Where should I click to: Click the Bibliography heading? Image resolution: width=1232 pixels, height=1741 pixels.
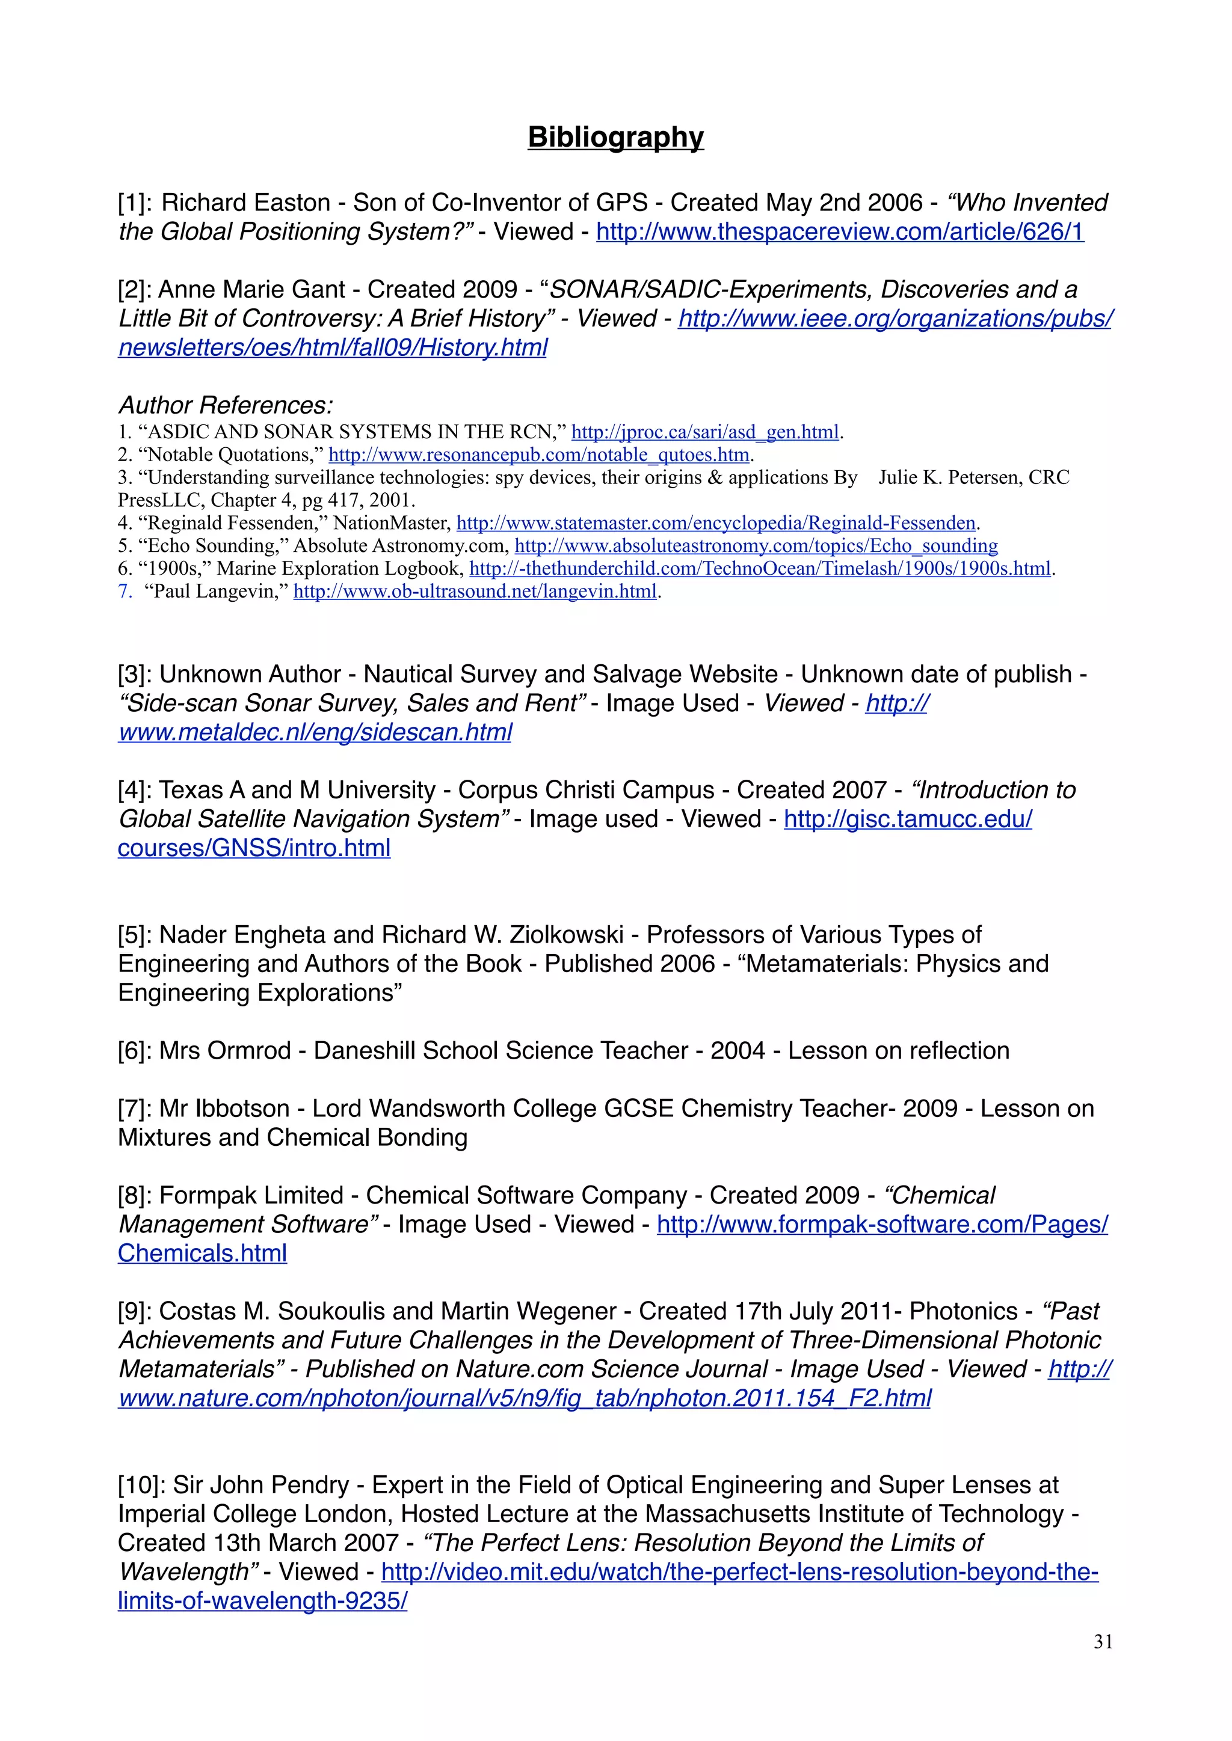pos(615,137)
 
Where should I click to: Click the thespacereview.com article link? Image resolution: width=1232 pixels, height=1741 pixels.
pos(840,231)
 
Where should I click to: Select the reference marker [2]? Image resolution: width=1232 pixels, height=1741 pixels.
pos(134,290)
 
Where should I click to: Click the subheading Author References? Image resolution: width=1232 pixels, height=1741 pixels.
pos(226,405)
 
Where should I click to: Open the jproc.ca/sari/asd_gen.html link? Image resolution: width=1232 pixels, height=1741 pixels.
pos(705,432)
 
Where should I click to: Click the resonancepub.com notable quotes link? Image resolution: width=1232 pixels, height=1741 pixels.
pos(538,455)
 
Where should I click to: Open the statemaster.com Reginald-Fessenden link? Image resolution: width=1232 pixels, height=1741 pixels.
pos(715,523)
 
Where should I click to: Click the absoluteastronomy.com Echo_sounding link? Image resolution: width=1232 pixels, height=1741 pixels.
pos(756,546)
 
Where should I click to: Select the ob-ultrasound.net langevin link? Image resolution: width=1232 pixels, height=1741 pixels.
pos(475,592)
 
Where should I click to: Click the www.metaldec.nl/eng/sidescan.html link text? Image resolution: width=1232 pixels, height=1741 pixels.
pos(315,732)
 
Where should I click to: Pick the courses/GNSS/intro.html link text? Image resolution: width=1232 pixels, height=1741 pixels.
pos(254,848)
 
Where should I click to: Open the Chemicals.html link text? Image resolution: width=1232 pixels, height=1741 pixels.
pos(203,1253)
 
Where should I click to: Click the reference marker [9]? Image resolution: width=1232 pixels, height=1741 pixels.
pos(134,1311)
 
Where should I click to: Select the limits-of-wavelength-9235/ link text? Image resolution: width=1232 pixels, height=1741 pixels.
pos(262,1601)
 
